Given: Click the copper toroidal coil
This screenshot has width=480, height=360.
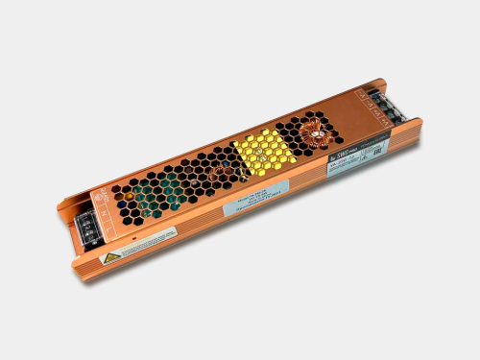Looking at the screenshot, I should [313, 132].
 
